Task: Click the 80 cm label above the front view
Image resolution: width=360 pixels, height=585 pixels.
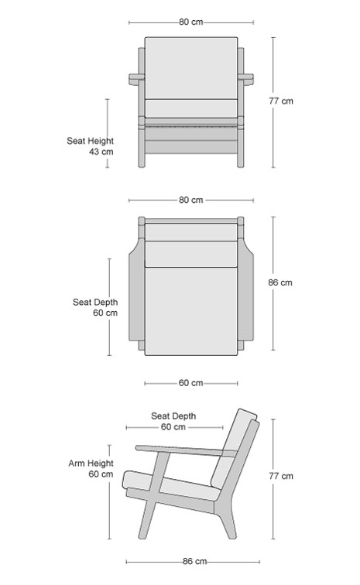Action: click(190, 22)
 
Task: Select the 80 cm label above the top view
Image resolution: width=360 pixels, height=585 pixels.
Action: click(190, 200)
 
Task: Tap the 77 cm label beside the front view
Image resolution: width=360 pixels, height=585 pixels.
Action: click(281, 101)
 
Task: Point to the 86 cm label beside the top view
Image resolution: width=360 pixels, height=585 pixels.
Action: click(280, 282)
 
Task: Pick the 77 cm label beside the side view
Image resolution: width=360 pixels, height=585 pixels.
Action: click(281, 476)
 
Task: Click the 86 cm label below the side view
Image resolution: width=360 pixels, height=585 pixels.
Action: click(194, 562)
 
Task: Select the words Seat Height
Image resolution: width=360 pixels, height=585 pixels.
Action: click(90, 141)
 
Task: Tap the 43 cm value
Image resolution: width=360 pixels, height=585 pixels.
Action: click(101, 152)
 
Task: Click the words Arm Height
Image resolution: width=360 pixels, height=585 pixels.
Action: click(91, 464)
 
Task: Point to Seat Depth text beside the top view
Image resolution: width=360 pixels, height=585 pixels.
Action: click(95, 303)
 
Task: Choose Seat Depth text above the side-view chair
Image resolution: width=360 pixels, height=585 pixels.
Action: click(173, 416)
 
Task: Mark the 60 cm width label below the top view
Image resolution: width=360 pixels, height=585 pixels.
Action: click(190, 383)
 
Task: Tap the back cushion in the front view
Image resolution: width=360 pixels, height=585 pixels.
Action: click(191, 68)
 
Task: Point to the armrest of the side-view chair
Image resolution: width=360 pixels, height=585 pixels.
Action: click(186, 450)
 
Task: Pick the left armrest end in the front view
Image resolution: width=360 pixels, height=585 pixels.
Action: click(137, 79)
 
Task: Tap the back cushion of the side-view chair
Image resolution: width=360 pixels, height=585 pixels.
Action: click(234, 448)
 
